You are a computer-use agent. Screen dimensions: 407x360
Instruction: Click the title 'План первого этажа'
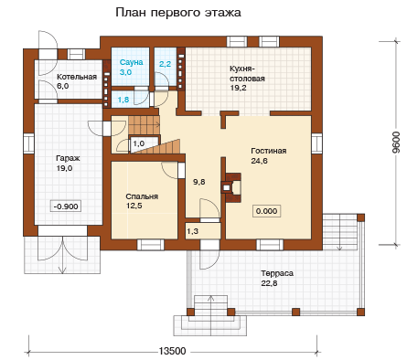coord(178,13)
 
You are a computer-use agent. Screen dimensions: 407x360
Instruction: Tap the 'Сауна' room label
coord(131,62)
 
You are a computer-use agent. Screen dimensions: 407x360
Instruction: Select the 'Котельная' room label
coord(77,77)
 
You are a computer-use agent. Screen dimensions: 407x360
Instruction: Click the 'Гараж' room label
coord(68,158)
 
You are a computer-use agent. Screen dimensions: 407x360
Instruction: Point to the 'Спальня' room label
coord(142,196)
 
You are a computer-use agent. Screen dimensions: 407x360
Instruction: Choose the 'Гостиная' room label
coord(269,151)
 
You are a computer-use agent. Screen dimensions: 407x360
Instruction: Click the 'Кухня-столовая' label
coord(247,73)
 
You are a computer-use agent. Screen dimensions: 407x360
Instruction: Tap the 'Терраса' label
coord(277,273)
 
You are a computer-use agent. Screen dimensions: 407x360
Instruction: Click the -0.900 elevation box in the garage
coord(66,206)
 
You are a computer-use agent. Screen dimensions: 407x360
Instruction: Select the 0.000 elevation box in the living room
coord(266,211)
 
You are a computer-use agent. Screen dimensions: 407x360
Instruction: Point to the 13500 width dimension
coord(172,351)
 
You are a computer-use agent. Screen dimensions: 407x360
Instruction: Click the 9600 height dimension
coord(396,143)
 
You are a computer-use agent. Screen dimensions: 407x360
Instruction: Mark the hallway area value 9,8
coord(199,182)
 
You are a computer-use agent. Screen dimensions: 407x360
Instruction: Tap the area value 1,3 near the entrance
coord(192,231)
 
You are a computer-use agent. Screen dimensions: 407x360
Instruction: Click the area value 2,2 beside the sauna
coord(165,64)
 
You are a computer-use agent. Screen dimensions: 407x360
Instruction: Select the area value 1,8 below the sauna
coord(123,100)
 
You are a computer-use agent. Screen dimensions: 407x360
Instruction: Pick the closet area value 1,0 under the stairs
coord(139,143)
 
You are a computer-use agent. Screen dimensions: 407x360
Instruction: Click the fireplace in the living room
coord(230,188)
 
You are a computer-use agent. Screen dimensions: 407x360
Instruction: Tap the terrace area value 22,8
coord(269,283)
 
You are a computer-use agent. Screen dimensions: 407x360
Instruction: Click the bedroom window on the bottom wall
coord(150,245)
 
